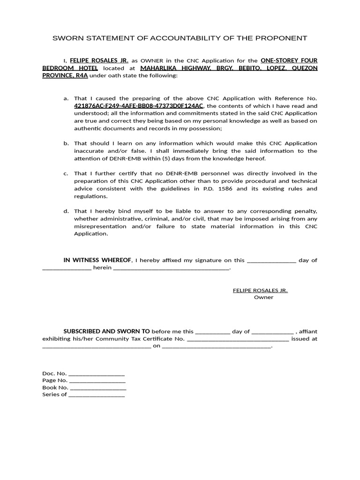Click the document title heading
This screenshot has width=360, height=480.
(x=180, y=38)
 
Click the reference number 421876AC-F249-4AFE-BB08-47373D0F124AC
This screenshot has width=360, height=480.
(x=139, y=106)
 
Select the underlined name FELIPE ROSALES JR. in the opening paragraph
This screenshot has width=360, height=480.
(x=99, y=60)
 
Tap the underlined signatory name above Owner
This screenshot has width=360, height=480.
(x=260, y=290)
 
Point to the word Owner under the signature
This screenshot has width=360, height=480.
(x=263, y=297)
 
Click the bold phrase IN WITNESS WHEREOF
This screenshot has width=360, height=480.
(x=97, y=260)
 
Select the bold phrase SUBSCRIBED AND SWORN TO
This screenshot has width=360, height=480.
(x=107, y=331)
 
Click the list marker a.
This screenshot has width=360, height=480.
(x=66, y=98)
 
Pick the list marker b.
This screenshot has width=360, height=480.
(x=66, y=143)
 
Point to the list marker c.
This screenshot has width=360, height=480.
(x=66, y=173)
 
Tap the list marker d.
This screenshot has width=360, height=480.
(x=66, y=211)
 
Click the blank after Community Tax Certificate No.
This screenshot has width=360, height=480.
(x=238, y=339)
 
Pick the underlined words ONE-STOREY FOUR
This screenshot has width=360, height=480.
(x=289, y=60)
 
